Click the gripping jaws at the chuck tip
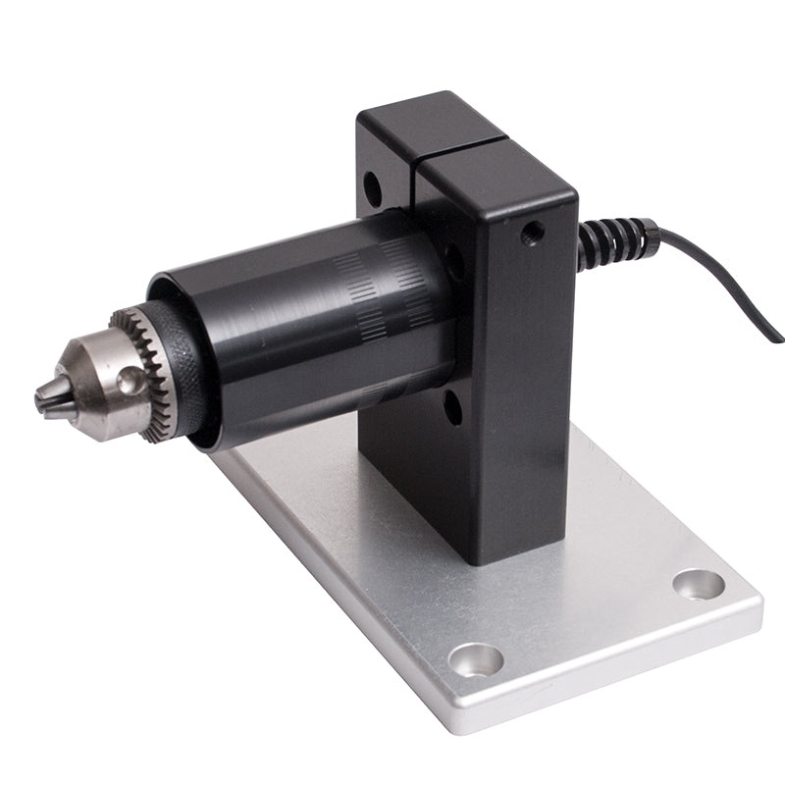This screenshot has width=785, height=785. click(x=49, y=394)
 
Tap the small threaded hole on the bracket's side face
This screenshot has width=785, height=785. click(x=533, y=234)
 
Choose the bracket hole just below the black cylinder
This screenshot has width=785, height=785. click(x=451, y=406)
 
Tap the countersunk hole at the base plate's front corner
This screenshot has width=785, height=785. click(x=476, y=658)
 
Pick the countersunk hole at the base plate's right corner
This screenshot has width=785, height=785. click(x=699, y=584)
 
